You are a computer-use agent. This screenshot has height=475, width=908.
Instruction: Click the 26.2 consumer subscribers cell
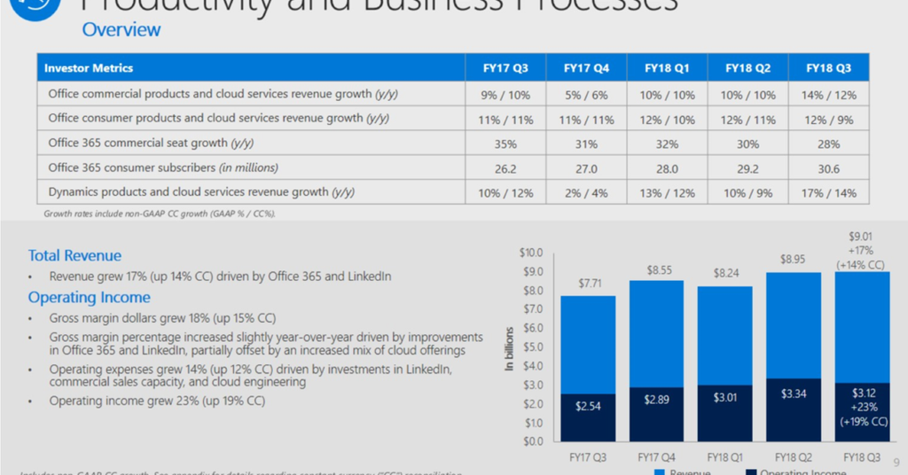505,168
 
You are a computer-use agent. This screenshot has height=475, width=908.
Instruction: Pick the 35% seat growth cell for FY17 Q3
505,144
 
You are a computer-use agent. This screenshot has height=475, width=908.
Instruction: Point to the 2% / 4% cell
585,193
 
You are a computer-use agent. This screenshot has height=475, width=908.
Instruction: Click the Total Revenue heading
74,255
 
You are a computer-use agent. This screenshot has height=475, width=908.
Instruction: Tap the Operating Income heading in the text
89,298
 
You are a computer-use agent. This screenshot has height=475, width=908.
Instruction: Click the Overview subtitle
121,29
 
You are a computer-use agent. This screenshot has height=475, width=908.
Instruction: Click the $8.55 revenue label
657,269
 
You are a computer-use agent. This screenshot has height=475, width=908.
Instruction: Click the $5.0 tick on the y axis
531,347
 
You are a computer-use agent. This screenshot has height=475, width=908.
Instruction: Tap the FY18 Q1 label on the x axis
725,457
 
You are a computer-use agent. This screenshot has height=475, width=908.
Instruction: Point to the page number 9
896,462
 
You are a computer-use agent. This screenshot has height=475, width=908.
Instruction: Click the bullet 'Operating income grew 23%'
157,401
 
